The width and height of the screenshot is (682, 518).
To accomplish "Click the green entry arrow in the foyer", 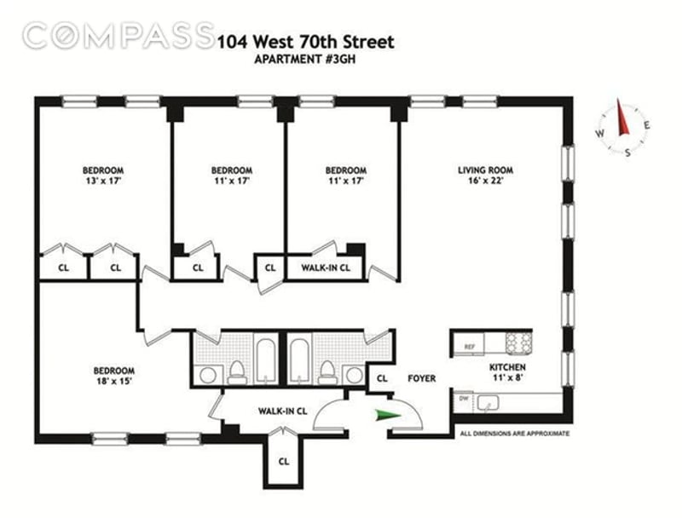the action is click(x=387, y=416).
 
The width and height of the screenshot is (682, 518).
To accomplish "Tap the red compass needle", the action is click(x=622, y=117).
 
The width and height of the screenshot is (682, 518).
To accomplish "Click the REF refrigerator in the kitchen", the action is click(x=469, y=346).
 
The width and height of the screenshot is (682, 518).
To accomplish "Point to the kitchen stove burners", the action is click(x=518, y=342).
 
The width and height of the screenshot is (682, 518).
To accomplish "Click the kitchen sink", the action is click(x=488, y=403).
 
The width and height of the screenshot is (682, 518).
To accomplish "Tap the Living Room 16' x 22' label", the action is click(x=485, y=176).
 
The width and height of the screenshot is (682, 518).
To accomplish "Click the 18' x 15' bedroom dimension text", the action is click(x=114, y=382).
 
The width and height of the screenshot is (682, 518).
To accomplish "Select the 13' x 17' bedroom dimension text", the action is click(x=103, y=181).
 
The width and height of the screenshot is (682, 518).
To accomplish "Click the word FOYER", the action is click(x=421, y=378).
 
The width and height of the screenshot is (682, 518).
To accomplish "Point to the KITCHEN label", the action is click(x=507, y=367).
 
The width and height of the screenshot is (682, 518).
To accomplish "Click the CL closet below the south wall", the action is click(x=284, y=462).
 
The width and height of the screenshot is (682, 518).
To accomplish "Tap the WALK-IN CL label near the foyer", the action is click(x=282, y=412).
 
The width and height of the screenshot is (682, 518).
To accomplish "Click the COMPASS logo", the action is click(x=118, y=36).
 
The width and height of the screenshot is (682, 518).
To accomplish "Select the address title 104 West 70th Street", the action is click(x=305, y=42).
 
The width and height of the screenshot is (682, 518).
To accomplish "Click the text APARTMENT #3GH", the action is click(x=305, y=60).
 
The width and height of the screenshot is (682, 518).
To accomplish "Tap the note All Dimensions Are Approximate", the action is click(x=515, y=434).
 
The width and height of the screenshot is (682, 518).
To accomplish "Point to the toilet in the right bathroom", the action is click(x=327, y=373).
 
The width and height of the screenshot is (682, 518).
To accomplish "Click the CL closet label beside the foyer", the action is click(x=382, y=378).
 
